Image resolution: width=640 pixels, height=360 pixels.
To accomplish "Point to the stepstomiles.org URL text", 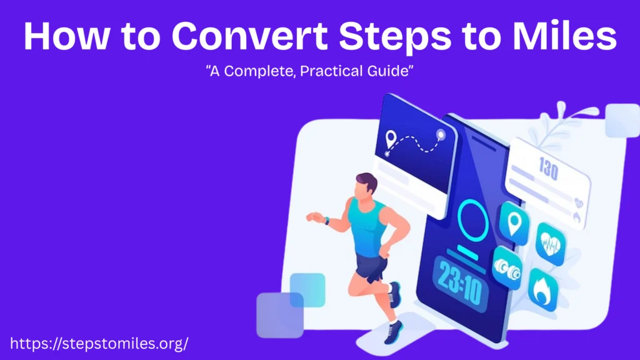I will pos(100,343).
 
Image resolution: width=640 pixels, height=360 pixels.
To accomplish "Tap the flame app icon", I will pos(542,288).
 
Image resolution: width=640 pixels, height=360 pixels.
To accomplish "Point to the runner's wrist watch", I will pos(326,220).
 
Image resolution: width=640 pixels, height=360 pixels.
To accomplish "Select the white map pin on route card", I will pos(392,137).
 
